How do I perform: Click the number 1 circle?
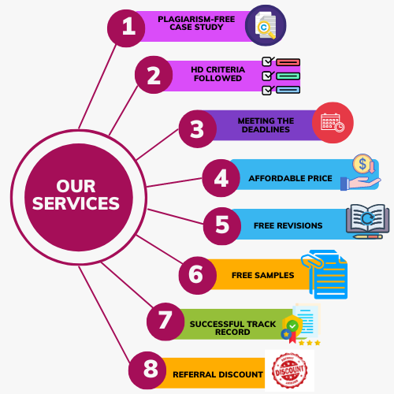pos(126,28)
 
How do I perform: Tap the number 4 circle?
pos(221,178)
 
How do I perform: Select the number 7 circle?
pos(165,322)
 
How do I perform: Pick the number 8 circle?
pos(147,370)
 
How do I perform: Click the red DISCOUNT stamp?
pos(289,370)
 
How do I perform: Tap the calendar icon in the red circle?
pos(333,122)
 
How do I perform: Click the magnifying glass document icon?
pos(266,25)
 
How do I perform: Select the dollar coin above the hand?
pos(362,164)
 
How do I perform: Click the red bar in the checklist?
pos(288,62)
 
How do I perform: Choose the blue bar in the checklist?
pos(288,90)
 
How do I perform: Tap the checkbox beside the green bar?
pos(267,76)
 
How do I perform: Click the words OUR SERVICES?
pos(76,195)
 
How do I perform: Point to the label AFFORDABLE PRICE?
pos(290,178)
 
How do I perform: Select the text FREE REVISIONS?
pos(288,225)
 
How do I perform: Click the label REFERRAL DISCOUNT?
pos(217,374)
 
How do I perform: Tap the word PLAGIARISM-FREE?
pos(196,19)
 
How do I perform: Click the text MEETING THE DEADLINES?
pos(266,125)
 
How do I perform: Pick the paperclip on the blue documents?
pos(312,261)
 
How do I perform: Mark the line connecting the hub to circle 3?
pos(158,144)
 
